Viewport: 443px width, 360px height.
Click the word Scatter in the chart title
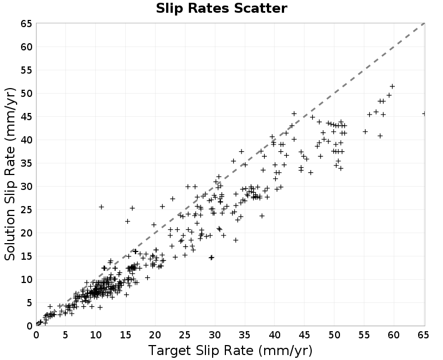[260, 8]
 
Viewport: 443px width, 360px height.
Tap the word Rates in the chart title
[209, 8]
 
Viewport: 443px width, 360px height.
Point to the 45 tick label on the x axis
[304, 335]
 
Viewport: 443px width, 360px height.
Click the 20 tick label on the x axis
[155, 335]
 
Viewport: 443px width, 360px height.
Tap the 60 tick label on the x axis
[394, 335]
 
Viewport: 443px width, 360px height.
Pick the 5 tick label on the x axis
[65, 335]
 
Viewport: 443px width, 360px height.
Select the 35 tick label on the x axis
[244, 335]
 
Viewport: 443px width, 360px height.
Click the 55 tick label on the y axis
[27, 70]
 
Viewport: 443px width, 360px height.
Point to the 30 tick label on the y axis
[27, 187]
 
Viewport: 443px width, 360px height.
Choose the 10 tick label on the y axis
[27, 280]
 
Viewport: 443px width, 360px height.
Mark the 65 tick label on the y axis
[27, 24]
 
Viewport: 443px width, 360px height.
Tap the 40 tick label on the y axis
[27, 140]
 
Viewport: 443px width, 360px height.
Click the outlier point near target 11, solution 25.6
[101, 207]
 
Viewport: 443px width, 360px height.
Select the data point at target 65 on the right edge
[424, 114]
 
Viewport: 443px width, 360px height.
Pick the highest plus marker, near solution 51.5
[392, 86]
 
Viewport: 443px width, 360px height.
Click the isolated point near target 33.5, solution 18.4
[236, 240]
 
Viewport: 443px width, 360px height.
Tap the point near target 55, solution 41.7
[365, 132]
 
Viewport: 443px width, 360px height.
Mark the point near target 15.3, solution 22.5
[127, 221]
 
